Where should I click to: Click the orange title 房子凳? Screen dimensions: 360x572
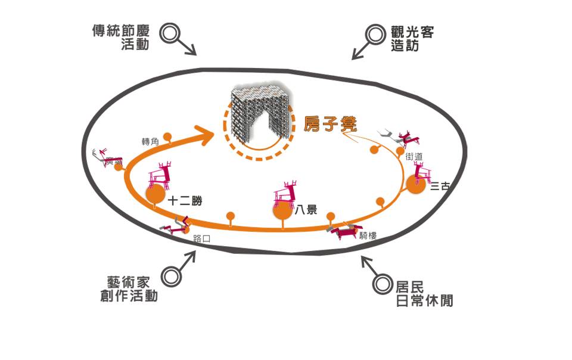[330, 124]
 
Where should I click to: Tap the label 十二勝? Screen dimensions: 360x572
[182, 201]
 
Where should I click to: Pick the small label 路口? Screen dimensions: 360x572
[203, 239]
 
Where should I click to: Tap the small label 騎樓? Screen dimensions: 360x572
[368, 235]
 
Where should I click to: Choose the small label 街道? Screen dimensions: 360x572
[414, 156]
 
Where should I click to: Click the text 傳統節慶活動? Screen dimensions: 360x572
[120, 38]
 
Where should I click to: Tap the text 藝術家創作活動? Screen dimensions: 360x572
[129, 288]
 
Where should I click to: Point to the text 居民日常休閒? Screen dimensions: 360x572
[424, 293]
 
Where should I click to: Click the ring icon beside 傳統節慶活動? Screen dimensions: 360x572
[172, 32]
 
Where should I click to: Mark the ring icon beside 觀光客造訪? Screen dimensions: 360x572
[375, 33]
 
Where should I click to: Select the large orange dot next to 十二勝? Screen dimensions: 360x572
[155, 194]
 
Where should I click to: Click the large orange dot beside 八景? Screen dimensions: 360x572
[282, 210]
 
